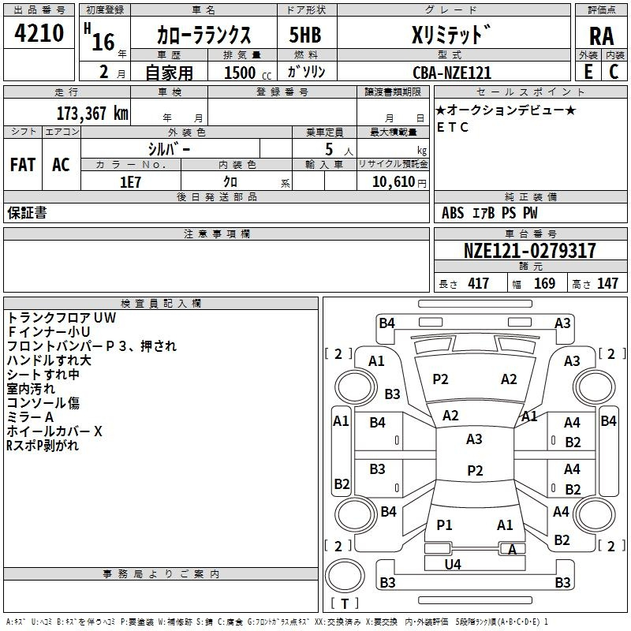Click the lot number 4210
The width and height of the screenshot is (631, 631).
tap(39, 34)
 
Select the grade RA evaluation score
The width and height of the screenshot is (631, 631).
tap(601, 36)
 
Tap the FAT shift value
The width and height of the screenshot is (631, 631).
tap(23, 165)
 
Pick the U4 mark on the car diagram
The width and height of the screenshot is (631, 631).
tap(453, 564)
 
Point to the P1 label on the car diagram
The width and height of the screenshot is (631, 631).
tap(445, 525)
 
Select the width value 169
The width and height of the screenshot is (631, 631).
tap(544, 284)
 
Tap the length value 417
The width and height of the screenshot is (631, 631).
tap(478, 284)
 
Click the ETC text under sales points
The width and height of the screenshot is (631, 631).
tap(453, 127)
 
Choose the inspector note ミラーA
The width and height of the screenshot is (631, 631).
tap(30, 416)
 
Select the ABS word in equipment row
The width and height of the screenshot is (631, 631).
tap(453, 213)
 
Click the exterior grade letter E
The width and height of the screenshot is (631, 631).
tap(587, 73)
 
